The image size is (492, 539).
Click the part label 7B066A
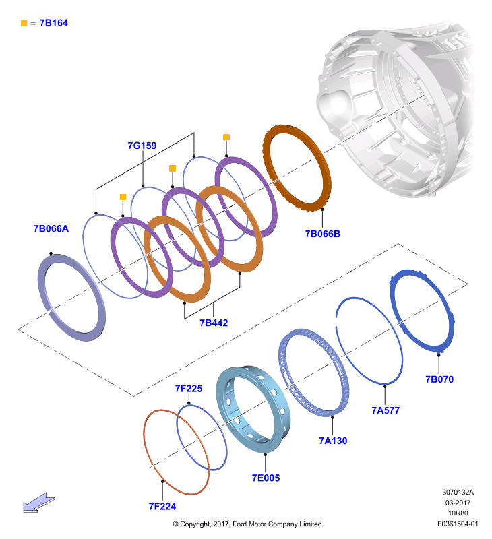51,228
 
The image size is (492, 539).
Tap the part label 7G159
142,146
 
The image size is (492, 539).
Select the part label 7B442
214,323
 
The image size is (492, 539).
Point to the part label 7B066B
323,234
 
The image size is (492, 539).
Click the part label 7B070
439,379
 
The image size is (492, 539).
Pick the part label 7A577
386,410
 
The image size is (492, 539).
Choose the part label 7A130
333,441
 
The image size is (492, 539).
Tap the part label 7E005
266,478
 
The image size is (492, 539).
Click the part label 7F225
189,389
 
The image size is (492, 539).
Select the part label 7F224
162,507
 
